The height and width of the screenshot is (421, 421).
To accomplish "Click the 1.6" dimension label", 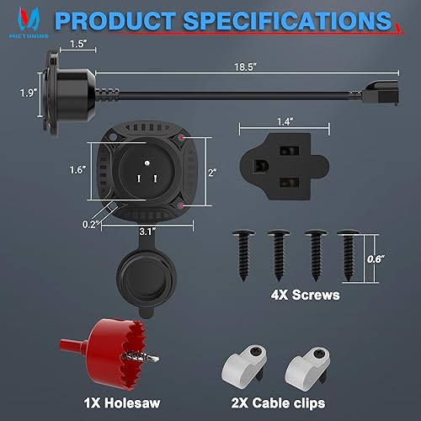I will point(77,169).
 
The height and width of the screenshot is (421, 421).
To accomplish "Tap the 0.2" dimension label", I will point(93,224).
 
